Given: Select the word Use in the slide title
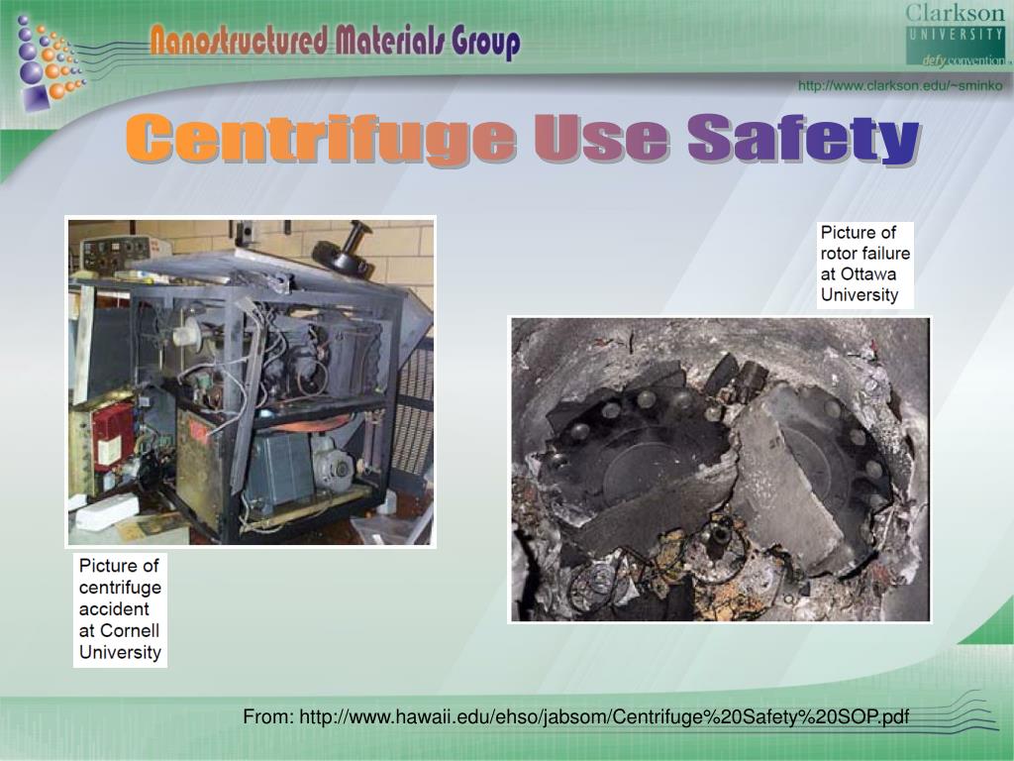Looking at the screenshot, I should [x=602, y=139].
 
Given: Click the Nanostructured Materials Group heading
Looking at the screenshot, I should [x=335, y=43].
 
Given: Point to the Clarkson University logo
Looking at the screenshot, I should [x=955, y=34].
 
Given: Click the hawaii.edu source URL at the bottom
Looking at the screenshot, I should [x=604, y=716].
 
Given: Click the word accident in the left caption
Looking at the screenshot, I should [x=114, y=609].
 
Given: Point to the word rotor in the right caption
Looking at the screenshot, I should [x=840, y=254].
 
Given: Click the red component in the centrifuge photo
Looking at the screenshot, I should [x=113, y=435].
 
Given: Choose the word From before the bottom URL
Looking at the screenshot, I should [x=268, y=716].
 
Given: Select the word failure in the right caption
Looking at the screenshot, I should [x=885, y=254].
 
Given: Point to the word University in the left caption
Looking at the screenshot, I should [x=120, y=653].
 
